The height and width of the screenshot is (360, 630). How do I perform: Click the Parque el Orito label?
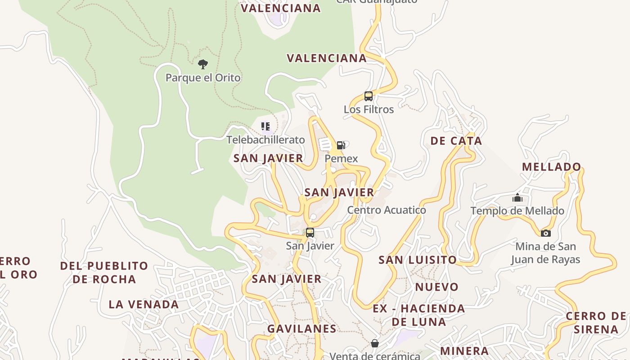click(203, 78)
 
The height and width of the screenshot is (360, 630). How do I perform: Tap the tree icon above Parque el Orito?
click(203, 64)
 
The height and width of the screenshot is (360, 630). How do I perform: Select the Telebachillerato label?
click(265, 140)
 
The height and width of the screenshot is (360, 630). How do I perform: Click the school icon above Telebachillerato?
click(265, 126)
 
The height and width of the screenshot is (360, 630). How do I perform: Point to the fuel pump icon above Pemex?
click(341, 145)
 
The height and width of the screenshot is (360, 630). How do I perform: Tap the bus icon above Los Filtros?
click(368, 96)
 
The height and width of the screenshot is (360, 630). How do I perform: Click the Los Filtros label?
click(369, 109)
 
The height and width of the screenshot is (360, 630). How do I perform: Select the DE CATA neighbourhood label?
click(456, 141)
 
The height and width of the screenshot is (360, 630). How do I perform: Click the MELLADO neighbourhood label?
click(552, 167)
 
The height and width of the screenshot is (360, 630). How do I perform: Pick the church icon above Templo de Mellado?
click(517, 198)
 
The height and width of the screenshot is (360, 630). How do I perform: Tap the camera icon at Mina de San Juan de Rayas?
click(545, 233)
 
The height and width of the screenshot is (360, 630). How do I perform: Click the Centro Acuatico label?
click(387, 210)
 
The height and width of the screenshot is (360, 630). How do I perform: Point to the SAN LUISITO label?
click(418, 260)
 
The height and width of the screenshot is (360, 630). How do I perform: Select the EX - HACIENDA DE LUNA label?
click(419, 315)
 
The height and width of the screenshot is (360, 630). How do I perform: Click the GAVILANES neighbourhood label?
click(302, 329)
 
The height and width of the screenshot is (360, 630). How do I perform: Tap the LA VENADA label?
click(144, 305)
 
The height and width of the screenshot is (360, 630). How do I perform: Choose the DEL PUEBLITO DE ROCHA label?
click(104, 272)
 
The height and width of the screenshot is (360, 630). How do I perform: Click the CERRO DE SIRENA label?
click(596, 323)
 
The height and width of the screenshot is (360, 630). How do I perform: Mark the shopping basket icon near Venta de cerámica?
click(374, 344)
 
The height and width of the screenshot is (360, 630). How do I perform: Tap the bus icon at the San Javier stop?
click(310, 233)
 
